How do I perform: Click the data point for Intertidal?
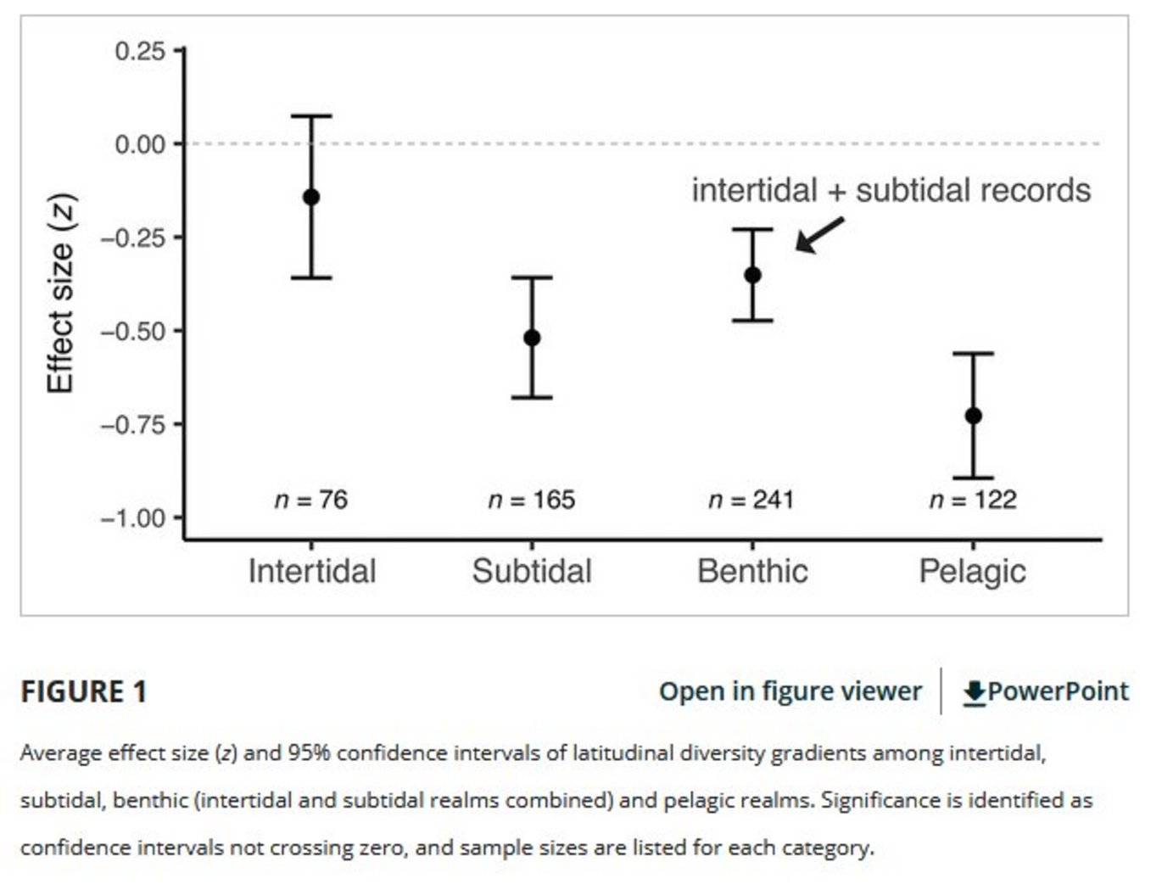311,197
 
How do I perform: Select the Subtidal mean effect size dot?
532,338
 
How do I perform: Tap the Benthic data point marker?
752,275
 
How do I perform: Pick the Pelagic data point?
973,416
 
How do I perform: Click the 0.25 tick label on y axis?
140,51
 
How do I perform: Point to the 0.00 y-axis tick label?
140,144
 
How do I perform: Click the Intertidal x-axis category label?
311,571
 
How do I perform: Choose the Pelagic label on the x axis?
972,571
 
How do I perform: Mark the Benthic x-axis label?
752,571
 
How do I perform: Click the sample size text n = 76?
311,500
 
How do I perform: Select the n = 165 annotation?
532,500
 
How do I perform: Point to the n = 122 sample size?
973,500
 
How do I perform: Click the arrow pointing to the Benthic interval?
818,235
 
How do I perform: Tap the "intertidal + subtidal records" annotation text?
891,190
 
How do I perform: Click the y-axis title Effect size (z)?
61,294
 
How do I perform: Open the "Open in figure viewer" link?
790,691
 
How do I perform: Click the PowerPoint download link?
1046,691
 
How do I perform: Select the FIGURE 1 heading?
84,691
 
